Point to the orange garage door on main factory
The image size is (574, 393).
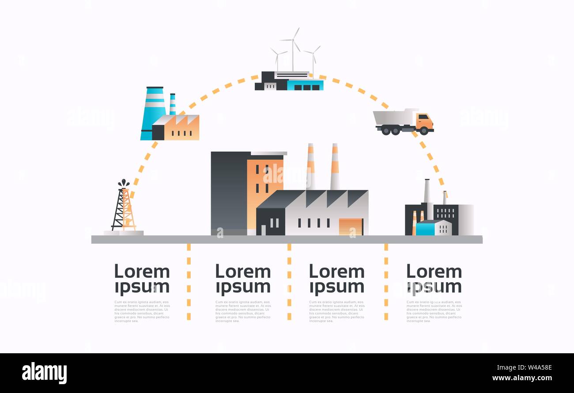tap(351, 227)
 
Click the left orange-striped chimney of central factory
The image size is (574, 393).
tap(311, 166)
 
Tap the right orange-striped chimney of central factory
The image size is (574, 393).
tap(335, 166)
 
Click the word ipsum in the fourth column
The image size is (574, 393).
tap(434, 287)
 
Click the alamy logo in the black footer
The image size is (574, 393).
tap(44, 373)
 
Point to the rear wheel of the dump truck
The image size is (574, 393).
tap(385, 130)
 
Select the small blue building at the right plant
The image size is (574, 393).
tap(425, 228)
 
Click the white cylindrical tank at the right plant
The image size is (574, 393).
tap(466, 219)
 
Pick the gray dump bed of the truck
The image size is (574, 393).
tap(393, 117)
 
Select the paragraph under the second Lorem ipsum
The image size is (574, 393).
tap(243, 312)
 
